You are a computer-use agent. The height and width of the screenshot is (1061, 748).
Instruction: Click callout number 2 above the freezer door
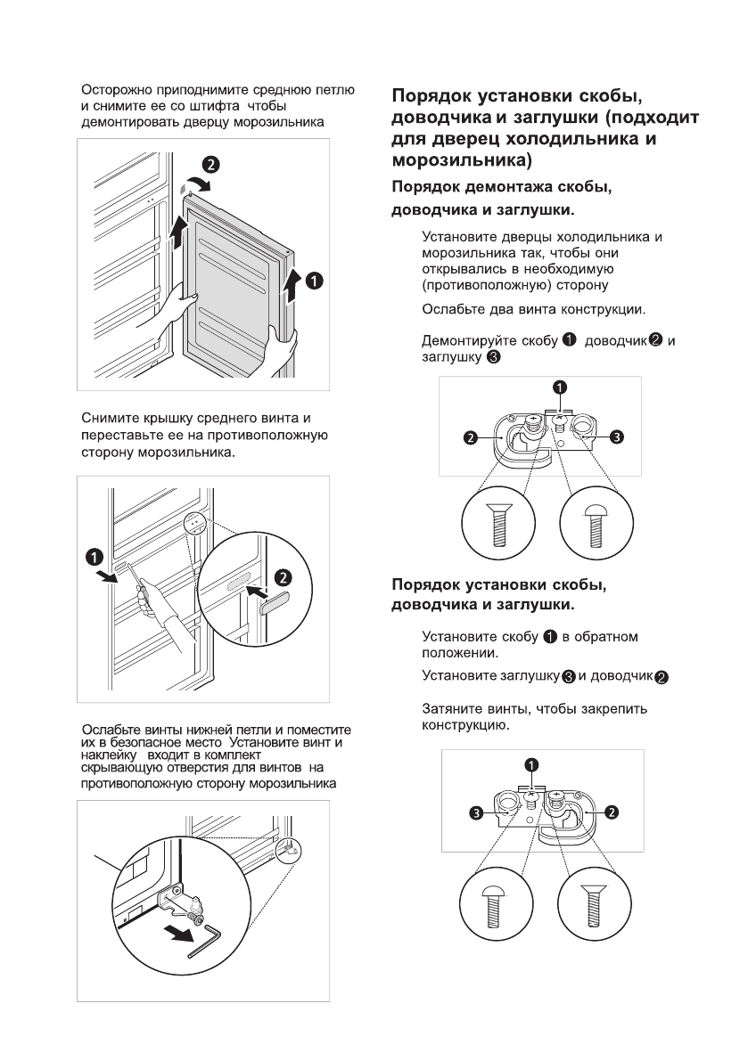pyautogui.click(x=210, y=164)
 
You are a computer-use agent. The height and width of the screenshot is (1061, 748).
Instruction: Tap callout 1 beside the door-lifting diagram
pyautogui.click(x=313, y=280)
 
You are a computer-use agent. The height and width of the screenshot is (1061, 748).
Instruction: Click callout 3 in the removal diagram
pyautogui.click(x=617, y=437)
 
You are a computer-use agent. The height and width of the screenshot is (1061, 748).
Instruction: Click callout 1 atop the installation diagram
pyautogui.click(x=531, y=764)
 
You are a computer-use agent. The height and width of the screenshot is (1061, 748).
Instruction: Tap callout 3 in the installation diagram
pyautogui.click(x=478, y=812)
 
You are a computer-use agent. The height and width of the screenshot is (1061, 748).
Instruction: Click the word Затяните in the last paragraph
pyautogui.click(x=453, y=709)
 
